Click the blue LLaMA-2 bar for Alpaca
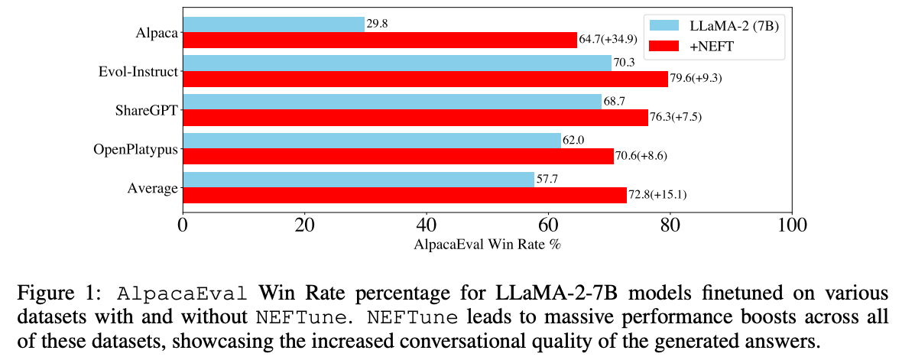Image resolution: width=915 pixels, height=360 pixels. (274, 24)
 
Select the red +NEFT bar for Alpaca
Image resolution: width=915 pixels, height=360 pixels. (380, 40)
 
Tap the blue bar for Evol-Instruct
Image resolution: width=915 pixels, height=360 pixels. (397, 63)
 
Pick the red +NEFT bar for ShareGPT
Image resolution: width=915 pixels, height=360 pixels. (415, 117)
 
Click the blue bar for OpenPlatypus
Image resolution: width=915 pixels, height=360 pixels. (372, 141)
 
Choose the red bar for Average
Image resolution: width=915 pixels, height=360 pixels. (404, 195)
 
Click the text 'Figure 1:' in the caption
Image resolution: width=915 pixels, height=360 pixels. (56, 294)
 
